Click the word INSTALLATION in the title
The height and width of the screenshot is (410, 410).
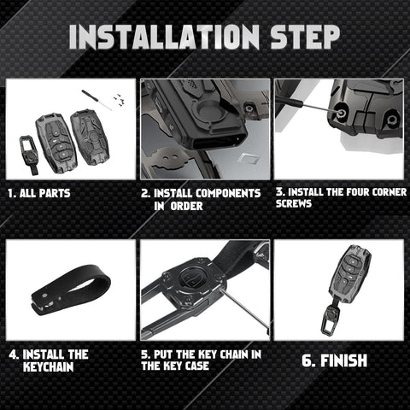click(x=164, y=37)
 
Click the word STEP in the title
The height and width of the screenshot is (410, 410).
click(x=305, y=37)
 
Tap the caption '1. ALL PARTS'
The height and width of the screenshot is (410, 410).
click(x=39, y=193)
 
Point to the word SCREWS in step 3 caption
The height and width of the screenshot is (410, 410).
click(x=294, y=203)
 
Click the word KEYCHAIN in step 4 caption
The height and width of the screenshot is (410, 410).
click(x=48, y=366)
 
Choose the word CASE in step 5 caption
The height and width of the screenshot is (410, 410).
click(x=197, y=366)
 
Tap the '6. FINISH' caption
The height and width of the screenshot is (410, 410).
click(x=335, y=360)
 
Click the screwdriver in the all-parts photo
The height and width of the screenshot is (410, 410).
click(x=97, y=99)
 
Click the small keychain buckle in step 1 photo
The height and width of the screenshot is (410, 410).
click(x=29, y=155)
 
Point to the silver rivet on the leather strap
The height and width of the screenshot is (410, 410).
click(x=44, y=296)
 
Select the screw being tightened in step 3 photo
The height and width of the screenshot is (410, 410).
click(x=339, y=112)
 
